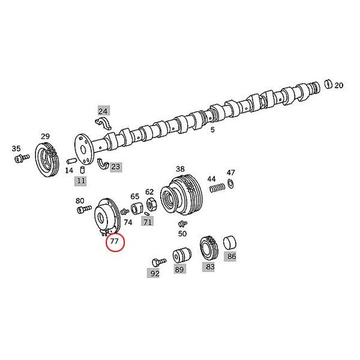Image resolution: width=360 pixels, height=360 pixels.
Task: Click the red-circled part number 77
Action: tap(114, 242)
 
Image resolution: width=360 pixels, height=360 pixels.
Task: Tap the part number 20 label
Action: tap(339, 86)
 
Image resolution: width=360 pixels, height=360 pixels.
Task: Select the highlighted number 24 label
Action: tap(103, 110)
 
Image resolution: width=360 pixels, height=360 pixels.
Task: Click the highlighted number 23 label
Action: tap(115, 167)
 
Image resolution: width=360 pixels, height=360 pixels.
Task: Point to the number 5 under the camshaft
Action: tap(212, 130)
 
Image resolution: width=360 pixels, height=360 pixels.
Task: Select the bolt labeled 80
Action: tap(82, 210)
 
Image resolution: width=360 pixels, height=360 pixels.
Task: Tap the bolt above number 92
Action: tap(158, 261)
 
